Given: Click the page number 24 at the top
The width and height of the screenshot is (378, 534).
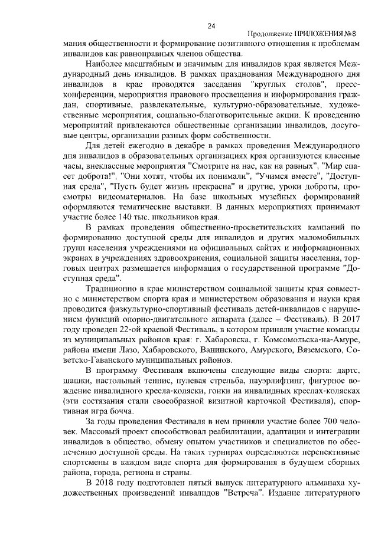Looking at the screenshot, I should (211, 25).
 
